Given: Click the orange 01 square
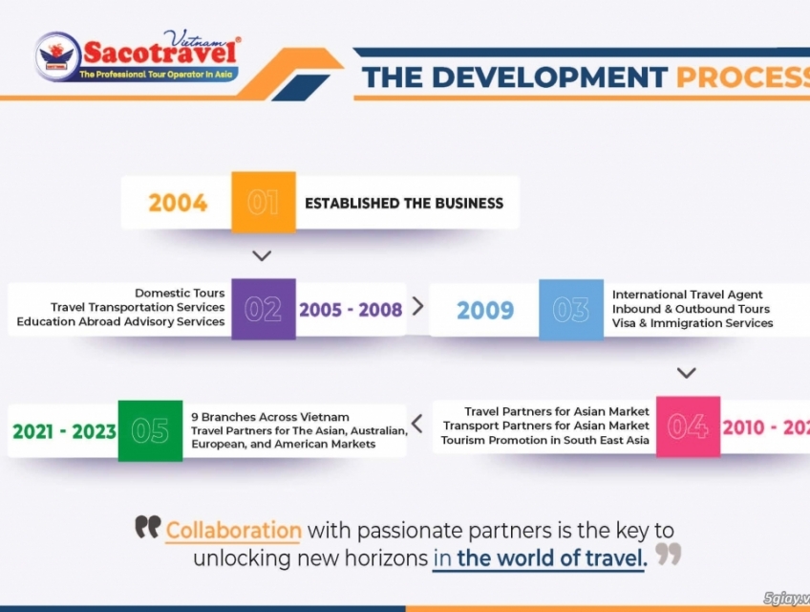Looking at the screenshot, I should point(264,202).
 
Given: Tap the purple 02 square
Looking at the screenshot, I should point(264,309).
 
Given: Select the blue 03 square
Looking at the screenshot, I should point(571,309).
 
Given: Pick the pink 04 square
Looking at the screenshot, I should point(688,426).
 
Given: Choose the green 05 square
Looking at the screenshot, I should point(150,430).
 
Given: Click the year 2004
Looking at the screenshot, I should point(178,203).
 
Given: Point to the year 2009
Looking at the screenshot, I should point(485,310).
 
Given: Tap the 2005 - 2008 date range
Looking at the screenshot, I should point(351,310).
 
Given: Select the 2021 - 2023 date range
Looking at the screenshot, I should point(64,431).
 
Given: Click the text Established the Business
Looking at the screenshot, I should point(404,203).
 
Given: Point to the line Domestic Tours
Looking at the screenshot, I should point(180,294).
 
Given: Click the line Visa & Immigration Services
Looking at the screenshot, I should point(693,323).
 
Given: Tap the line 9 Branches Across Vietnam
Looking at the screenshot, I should point(270,417).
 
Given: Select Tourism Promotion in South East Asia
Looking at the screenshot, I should point(544,440).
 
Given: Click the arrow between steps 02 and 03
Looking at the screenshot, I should point(417,306).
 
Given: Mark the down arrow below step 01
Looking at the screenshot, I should point(263,256).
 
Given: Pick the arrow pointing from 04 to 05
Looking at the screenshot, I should point(417,423).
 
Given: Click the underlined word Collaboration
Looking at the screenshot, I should point(234,530).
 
